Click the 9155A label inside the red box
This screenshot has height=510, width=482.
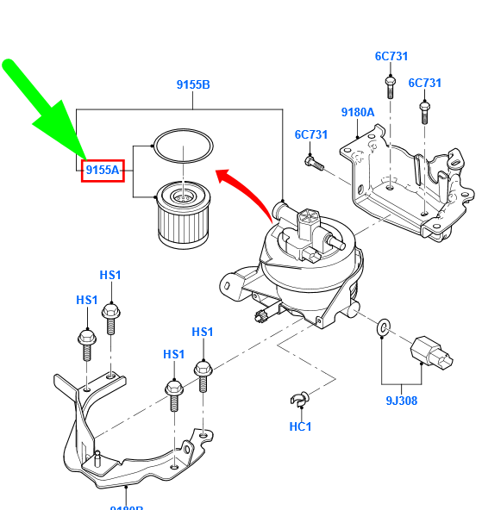[x=103, y=171]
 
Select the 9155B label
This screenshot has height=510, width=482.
[x=193, y=84]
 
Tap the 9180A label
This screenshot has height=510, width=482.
[x=357, y=112]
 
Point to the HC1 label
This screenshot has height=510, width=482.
[x=300, y=426]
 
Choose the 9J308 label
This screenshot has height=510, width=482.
[x=401, y=401]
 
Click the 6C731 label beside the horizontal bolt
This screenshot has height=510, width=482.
[x=311, y=134]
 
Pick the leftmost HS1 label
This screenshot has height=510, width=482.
[x=87, y=300]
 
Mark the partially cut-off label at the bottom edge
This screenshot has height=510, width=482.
[x=126, y=507]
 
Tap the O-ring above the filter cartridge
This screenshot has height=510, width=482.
[x=182, y=146]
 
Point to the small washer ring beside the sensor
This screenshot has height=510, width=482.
[x=384, y=326]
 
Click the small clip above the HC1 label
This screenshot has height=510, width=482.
[x=299, y=398]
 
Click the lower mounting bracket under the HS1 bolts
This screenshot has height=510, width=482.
[x=129, y=439]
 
